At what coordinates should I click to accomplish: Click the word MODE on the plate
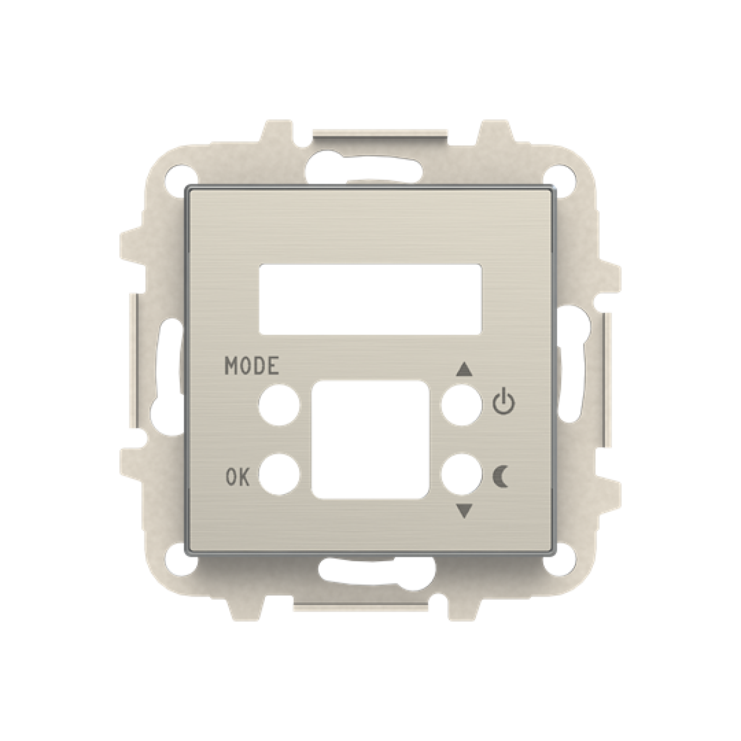click(x=251, y=366)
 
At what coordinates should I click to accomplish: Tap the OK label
click(x=237, y=477)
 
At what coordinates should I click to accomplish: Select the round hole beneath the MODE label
click(x=278, y=406)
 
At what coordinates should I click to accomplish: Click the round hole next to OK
click(x=278, y=474)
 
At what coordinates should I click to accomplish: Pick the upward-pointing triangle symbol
click(x=464, y=371)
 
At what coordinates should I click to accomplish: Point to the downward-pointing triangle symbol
click(x=464, y=511)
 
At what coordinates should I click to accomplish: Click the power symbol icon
click(x=503, y=402)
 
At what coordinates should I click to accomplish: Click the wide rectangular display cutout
click(x=370, y=299)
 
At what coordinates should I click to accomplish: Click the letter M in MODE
click(x=231, y=366)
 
